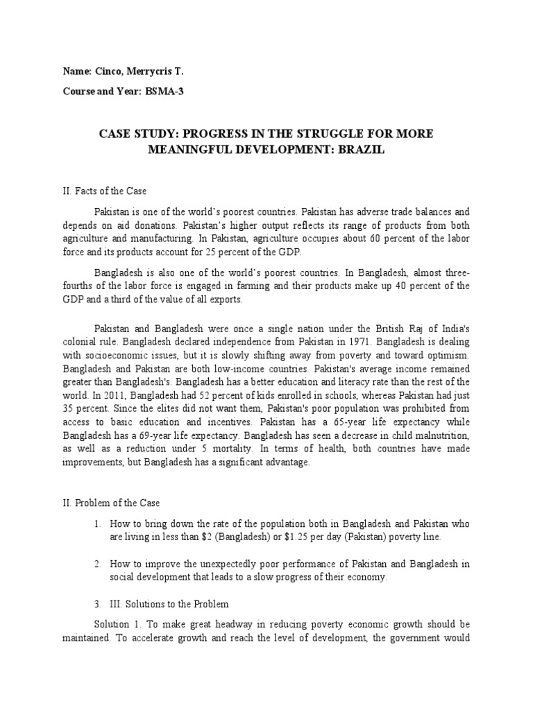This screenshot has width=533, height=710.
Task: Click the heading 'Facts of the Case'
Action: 117,191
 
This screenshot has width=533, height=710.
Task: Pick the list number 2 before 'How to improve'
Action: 99,564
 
